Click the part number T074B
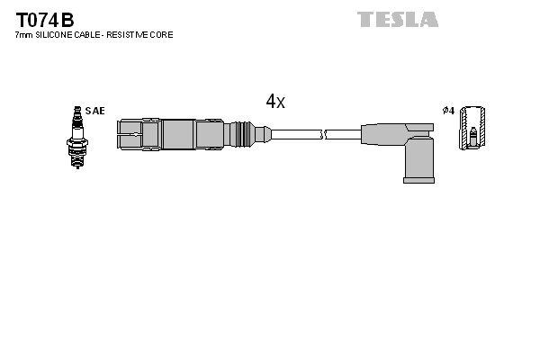[44, 19]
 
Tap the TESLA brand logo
[397, 19]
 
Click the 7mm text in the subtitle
[24, 35]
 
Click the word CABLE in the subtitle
[92, 35]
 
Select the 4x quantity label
[275, 102]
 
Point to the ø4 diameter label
[448, 111]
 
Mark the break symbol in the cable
[325, 135]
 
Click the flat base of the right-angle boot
[418, 179]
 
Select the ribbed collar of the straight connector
[240, 135]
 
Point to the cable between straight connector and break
[297, 135]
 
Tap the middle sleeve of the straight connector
[178, 135]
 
